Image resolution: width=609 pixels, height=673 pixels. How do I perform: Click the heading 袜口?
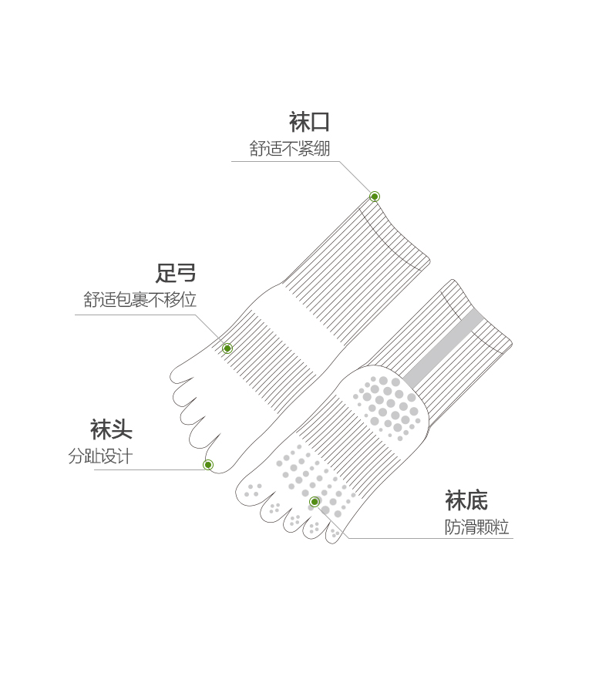[309, 122]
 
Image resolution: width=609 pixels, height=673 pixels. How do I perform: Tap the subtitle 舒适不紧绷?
[289, 149]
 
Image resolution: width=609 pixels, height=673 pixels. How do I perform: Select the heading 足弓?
[176, 273]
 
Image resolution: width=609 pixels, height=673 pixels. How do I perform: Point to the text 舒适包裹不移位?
[140, 300]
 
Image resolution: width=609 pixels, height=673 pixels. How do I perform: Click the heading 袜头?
[111, 429]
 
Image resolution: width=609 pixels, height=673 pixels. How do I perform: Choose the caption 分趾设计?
[100, 456]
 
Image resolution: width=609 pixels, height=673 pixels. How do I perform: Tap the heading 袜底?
[466, 500]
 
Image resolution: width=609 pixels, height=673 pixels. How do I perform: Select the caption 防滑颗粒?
[476, 527]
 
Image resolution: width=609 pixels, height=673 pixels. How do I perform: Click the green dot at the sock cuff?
[375, 197]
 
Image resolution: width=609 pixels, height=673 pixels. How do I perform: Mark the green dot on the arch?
[227, 348]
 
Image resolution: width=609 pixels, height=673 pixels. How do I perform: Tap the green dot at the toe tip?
[208, 465]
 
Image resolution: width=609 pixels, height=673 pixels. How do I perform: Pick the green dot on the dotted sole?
[315, 502]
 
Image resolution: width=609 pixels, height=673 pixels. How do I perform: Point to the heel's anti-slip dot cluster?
[389, 405]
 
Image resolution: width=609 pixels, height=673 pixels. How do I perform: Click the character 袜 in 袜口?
[299, 122]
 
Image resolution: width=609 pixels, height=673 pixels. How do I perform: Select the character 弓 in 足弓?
[187, 273]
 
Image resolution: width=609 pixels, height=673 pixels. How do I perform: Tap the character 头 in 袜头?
[122, 429]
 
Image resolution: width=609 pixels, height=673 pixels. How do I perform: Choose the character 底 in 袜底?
[477, 500]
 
